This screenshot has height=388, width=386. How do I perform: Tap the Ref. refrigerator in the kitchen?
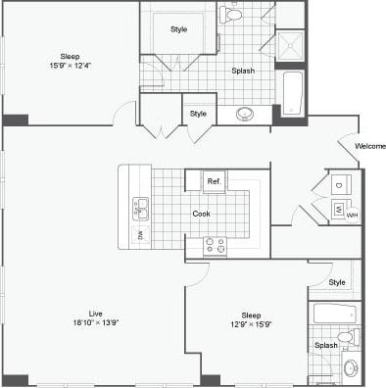[x=215, y=182]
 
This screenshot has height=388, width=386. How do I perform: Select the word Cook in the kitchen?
[x=201, y=213]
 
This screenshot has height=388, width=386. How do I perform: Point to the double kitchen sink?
[x=140, y=207]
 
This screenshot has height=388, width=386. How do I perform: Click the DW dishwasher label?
[x=140, y=235]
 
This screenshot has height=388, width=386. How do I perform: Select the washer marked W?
[x=337, y=208]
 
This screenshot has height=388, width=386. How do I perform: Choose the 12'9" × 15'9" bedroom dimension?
[x=251, y=324]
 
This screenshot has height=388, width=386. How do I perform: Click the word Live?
[x=95, y=313]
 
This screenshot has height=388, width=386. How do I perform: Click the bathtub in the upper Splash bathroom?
[x=291, y=91]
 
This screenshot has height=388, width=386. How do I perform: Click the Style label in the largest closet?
[x=178, y=29]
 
